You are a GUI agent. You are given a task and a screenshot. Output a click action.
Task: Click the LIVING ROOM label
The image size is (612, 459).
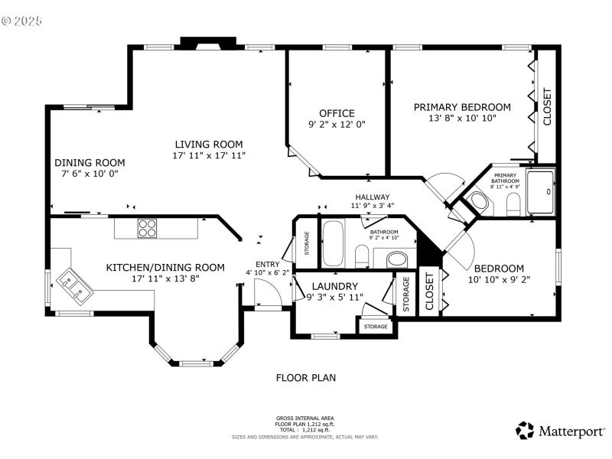tap(208, 144)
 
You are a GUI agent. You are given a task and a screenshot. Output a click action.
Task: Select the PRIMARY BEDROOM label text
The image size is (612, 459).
tap(461, 107)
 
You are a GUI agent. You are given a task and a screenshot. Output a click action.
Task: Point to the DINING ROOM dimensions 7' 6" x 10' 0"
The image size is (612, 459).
tap(89, 174)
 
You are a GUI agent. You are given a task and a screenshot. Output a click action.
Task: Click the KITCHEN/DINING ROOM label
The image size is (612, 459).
tap(165, 268)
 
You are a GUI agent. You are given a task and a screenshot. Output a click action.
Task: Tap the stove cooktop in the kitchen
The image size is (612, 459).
tap(147, 228)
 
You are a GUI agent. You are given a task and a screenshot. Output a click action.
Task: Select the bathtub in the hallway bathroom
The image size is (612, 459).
tap(334, 243)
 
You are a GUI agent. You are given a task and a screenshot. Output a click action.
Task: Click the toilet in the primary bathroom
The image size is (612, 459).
tap(513, 203)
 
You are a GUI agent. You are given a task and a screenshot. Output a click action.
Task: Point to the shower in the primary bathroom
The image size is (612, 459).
tap(540, 191)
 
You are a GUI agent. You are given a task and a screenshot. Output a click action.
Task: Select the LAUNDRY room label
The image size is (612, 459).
tap(335, 286)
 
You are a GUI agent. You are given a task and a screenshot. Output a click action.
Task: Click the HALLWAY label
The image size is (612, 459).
tap(372, 197)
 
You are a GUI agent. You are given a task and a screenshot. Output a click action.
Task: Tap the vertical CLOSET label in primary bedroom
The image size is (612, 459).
tap(547, 107)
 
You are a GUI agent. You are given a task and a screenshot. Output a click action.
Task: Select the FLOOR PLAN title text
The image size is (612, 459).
tap(305, 377)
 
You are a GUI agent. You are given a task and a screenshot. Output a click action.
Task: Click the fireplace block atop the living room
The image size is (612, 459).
tap(208, 43)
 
